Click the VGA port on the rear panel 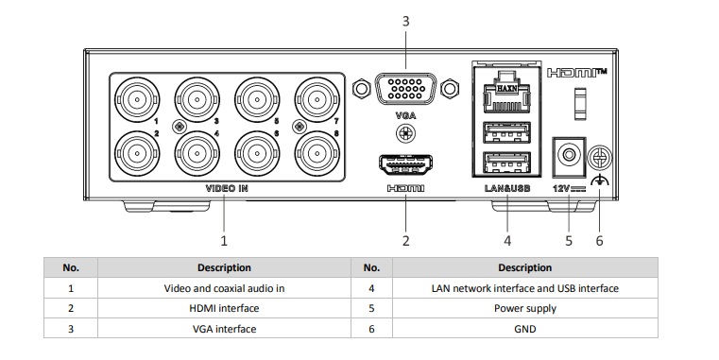pyautogui.click(x=405, y=92)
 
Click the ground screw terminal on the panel pyautogui.click(x=599, y=158)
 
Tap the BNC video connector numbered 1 pyautogui.click(x=134, y=97)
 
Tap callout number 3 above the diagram pyautogui.click(x=405, y=19)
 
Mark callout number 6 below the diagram pyautogui.click(x=599, y=240)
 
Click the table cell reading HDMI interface pyautogui.click(x=224, y=309)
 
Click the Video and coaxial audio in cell pyautogui.click(x=224, y=288)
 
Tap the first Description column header pyautogui.click(x=224, y=267)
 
